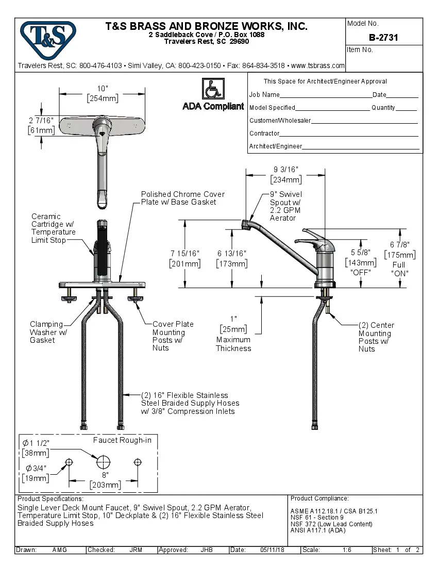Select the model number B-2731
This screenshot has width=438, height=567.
tap(383, 38)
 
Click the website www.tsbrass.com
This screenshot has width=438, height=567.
tap(317, 66)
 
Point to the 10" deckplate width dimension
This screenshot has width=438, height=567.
tap(102, 93)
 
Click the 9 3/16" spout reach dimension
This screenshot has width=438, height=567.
tap(286, 174)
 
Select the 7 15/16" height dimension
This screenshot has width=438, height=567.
tap(185, 258)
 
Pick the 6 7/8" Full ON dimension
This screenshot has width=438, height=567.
tap(400, 250)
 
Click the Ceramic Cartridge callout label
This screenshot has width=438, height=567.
tap(54, 228)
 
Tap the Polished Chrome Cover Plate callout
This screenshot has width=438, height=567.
tap(183, 198)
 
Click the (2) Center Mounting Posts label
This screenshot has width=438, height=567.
tap(376, 337)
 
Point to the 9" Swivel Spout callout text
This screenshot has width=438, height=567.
tap(286, 206)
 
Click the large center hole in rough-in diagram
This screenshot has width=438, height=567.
tap(104, 461)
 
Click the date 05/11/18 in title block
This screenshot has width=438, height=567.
tap(272, 550)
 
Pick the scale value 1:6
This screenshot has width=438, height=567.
tap(347, 550)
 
